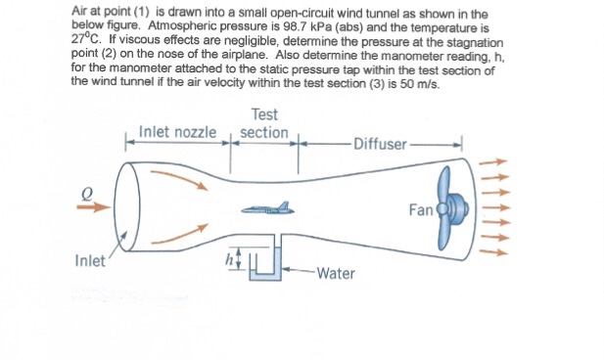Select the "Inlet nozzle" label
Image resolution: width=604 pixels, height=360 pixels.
(177, 131)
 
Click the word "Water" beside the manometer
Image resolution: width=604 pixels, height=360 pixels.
(336, 273)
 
